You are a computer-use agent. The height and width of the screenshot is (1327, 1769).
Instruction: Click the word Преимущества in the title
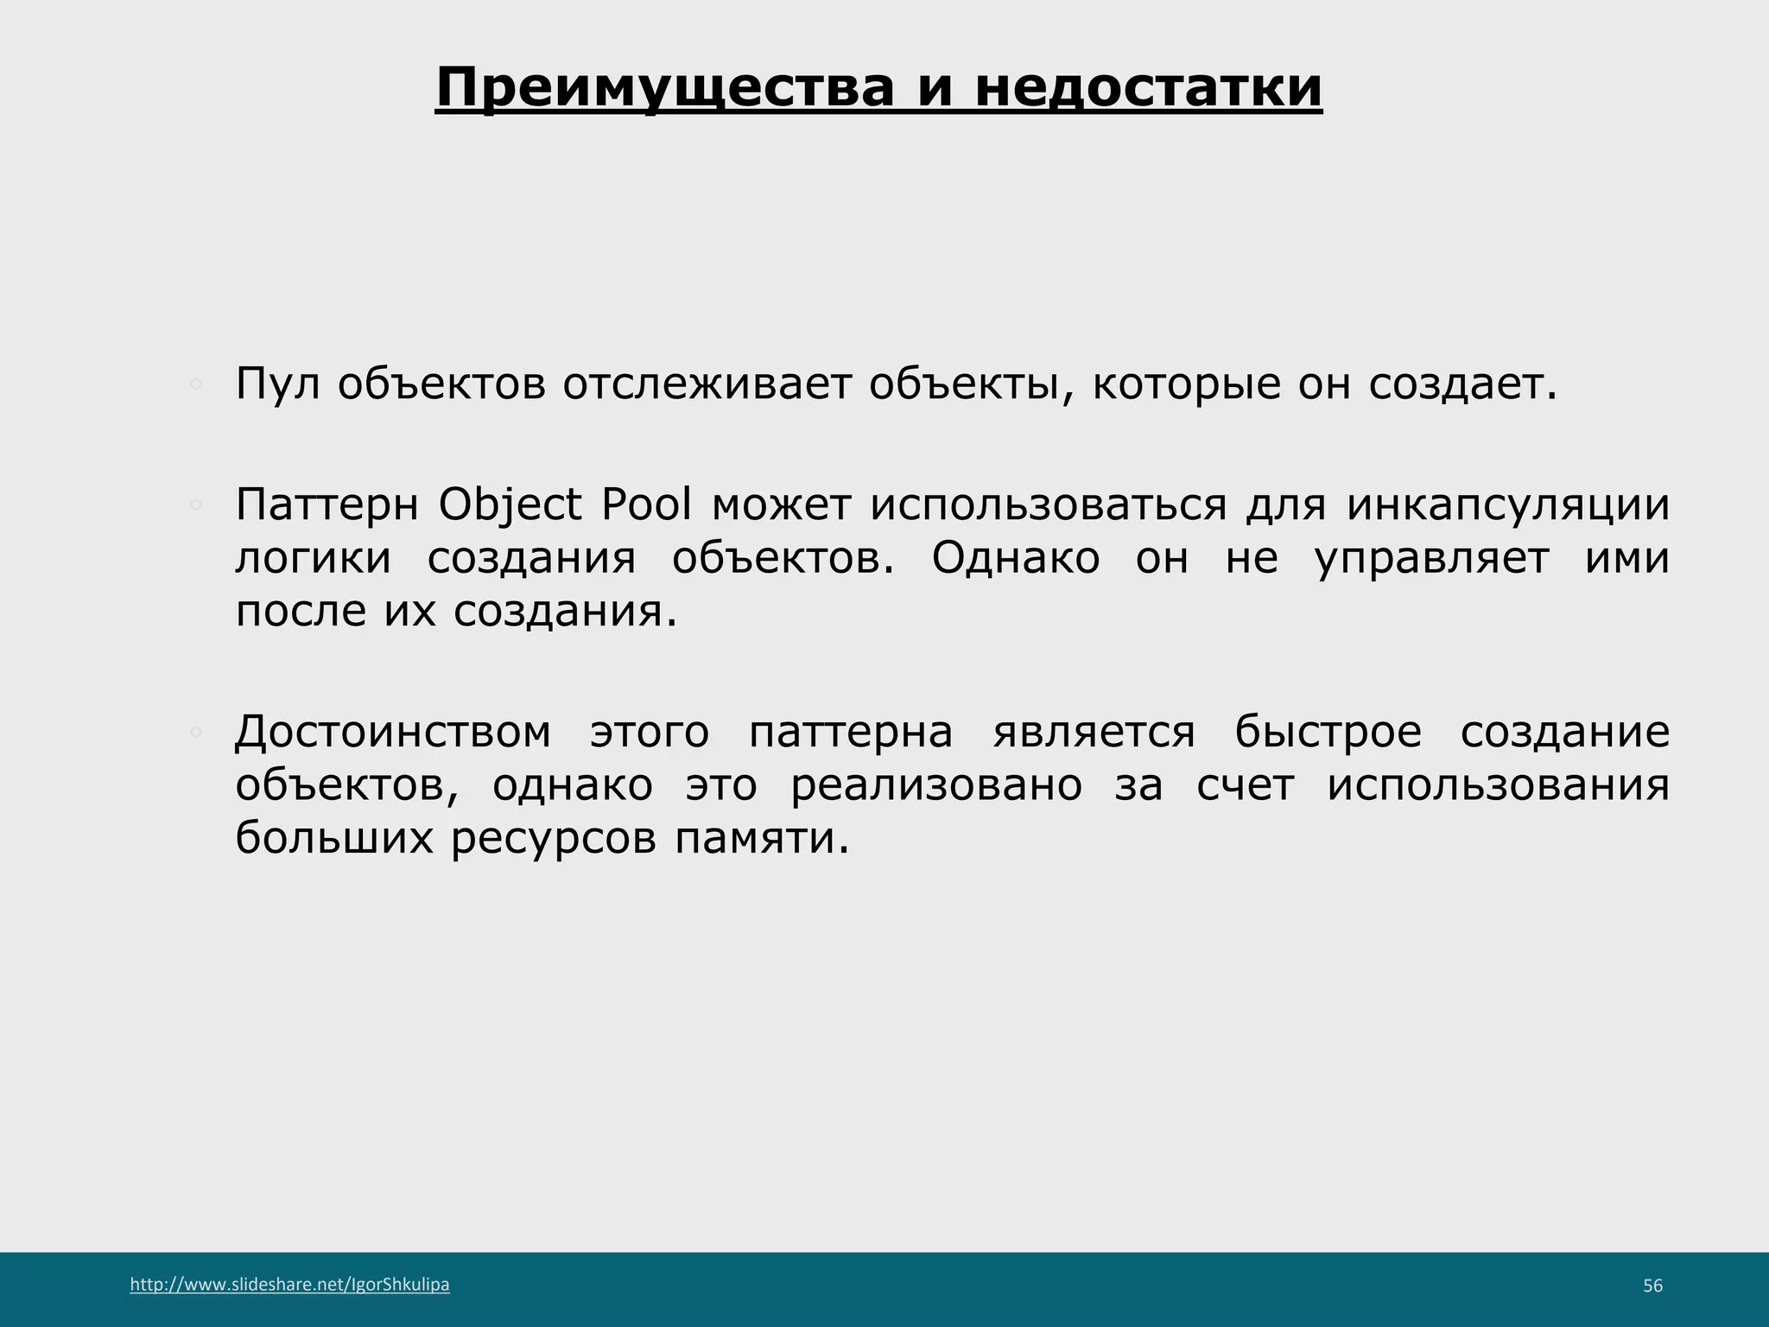coord(664,87)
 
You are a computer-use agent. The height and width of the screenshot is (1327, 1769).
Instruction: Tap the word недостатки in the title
coord(1148,87)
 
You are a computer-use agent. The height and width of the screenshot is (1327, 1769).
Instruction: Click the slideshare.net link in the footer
coord(289,1285)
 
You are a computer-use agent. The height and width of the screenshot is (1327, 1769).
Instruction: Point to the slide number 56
coord(1652,1286)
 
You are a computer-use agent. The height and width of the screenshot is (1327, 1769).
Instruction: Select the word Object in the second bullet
coord(510,505)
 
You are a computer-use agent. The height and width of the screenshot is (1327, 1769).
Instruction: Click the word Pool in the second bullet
coord(647,505)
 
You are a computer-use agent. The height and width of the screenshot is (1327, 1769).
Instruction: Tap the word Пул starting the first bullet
coord(276,384)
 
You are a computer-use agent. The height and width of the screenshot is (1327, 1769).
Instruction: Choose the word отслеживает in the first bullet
coord(707,384)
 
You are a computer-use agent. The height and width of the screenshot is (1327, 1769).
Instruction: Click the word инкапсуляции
coord(1508,505)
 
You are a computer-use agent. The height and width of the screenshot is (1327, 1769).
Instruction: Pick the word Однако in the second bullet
coord(1015,558)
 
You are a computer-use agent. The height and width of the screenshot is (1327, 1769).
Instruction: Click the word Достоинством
coord(393,732)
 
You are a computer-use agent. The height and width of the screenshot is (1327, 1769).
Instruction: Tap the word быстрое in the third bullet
coord(1328,732)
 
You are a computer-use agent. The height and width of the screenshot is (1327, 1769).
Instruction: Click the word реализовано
coord(936,785)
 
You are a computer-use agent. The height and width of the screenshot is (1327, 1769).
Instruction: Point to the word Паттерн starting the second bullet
coord(327,505)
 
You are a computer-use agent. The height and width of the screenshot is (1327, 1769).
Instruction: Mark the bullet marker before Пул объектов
coord(196,384)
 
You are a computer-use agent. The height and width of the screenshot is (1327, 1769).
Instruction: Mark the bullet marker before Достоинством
coord(196,732)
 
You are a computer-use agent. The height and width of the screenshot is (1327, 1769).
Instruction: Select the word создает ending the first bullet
coord(1461,384)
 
